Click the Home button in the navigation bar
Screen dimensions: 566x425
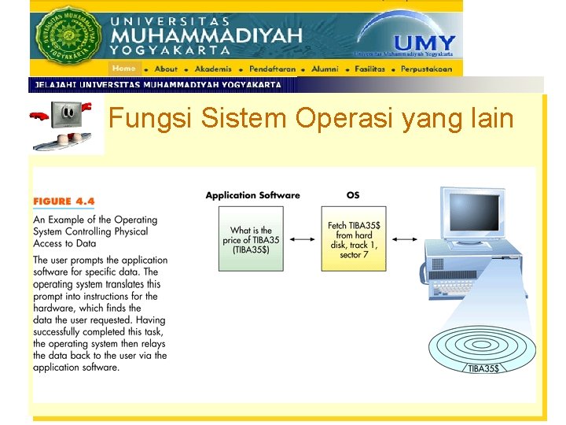point(124,68)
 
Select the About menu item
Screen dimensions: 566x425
point(166,68)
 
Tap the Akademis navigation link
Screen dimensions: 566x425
point(213,68)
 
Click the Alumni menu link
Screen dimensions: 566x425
point(325,68)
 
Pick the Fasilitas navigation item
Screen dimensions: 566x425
point(369,68)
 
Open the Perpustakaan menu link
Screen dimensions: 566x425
point(426,68)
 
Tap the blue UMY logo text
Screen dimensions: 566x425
point(424,44)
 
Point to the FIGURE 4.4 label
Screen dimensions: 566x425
point(64,201)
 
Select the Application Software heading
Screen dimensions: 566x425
point(252,195)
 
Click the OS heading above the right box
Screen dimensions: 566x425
point(354,195)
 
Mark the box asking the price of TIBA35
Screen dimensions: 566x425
point(252,239)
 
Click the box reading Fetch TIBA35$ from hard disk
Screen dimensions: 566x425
point(354,239)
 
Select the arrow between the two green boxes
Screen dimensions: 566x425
point(303,239)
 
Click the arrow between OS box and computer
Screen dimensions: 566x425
point(405,239)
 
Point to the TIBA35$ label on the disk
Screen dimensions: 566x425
point(483,368)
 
